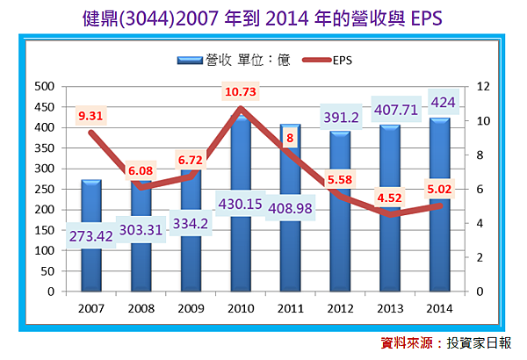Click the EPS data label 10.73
coord(240,91)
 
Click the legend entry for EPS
coord(330,61)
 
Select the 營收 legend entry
coord(228,61)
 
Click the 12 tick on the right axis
coord(482,86)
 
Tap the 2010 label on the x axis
coord(241,307)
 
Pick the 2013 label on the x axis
coord(390,307)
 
